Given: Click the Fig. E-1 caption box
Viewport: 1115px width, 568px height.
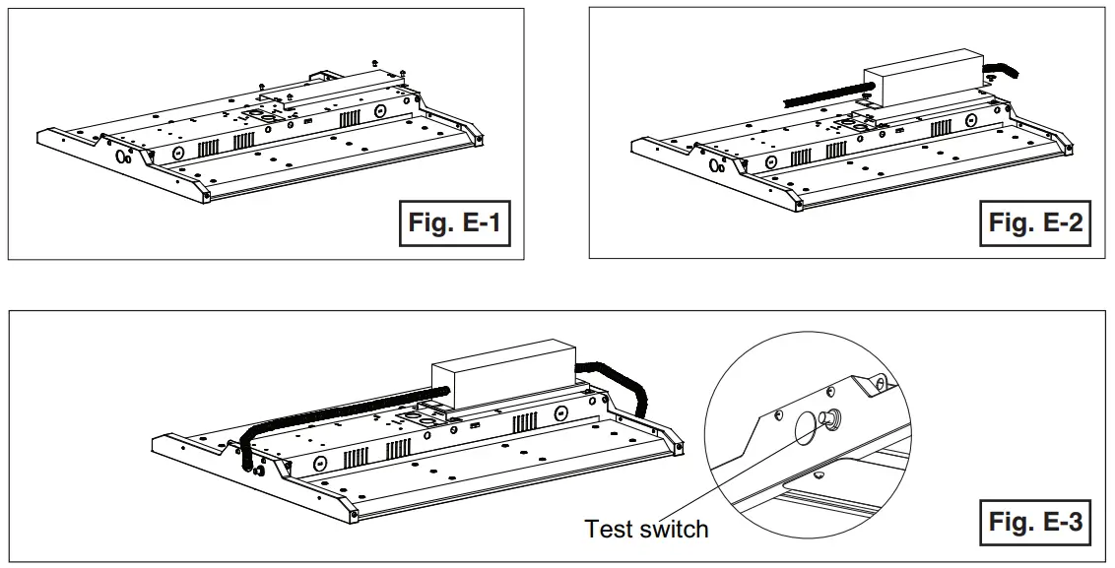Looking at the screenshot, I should [454, 223].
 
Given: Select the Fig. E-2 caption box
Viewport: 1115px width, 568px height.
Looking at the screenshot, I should [1035, 223].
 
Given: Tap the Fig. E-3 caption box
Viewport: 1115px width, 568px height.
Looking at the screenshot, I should [1035, 521].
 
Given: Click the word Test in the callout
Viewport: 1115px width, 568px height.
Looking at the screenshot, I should [608, 529].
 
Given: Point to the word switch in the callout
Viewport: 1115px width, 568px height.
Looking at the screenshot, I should [673, 529].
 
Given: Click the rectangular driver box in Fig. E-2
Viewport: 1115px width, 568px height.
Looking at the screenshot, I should [921, 82].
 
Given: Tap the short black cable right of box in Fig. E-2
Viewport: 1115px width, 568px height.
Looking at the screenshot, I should [1002, 68].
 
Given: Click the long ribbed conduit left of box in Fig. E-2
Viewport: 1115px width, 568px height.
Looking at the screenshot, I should [827, 96].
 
